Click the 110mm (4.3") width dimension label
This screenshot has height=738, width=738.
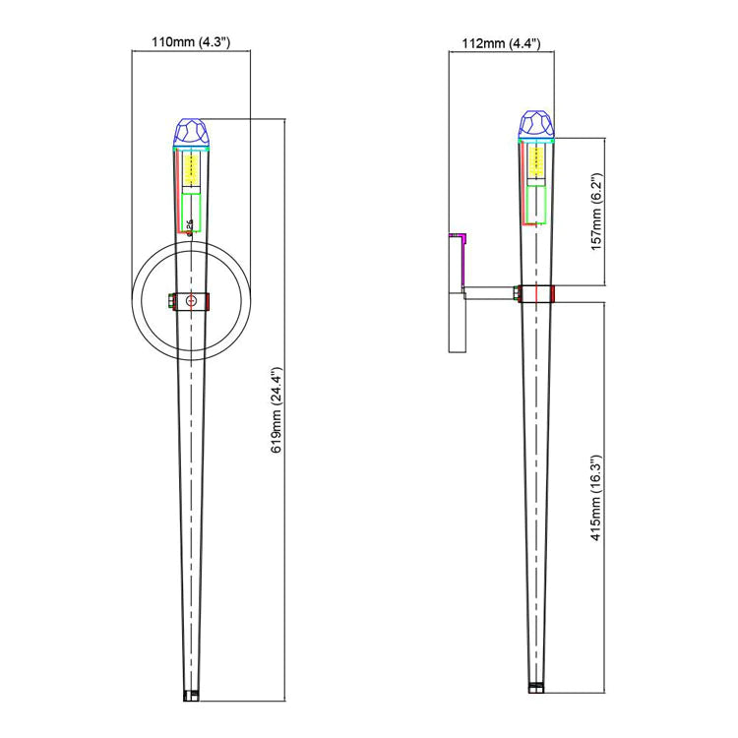click(x=190, y=42)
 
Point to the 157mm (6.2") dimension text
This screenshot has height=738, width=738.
click(x=595, y=212)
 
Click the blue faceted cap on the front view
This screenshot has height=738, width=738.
click(x=192, y=131)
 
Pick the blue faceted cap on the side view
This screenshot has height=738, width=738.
click(x=535, y=124)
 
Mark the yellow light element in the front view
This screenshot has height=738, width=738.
click(x=192, y=170)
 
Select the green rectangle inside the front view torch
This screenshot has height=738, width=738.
click(x=192, y=210)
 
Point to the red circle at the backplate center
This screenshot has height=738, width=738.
click(x=192, y=300)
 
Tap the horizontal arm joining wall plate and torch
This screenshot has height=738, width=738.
click(x=489, y=292)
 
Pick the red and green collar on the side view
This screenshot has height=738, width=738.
click(x=535, y=293)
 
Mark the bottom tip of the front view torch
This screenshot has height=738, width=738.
click(x=192, y=695)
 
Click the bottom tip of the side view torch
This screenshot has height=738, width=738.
click(x=535, y=687)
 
